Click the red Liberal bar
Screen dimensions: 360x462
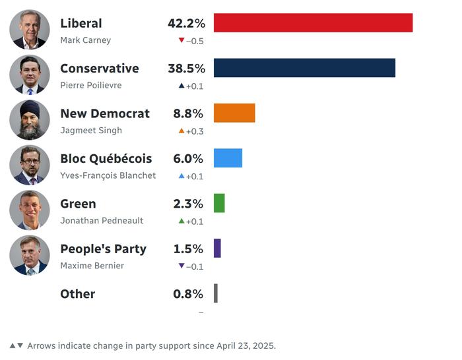point(313,23)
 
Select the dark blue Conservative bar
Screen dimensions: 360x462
point(304,68)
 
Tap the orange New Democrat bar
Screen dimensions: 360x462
point(234,113)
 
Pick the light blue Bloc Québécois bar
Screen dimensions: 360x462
point(228,158)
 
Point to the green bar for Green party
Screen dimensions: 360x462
point(219,203)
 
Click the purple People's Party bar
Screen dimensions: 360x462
point(217,249)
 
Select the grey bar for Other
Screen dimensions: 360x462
point(216,293)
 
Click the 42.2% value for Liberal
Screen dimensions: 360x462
point(186,23)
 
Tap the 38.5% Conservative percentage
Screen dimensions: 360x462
point(186,69)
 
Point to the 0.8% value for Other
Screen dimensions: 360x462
point(189,294)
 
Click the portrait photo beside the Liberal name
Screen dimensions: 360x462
point(30,30)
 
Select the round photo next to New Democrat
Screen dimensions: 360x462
point(30,120)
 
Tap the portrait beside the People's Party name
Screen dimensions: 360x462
point(30,255)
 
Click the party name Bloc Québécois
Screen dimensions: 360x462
point(106,159)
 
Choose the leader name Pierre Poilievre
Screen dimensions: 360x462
point(90,86)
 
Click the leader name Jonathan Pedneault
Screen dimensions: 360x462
point(102,221)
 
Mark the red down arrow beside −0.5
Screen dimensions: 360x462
point(181,40)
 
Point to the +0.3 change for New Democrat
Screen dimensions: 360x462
point(195,131)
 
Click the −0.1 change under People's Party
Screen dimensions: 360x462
point(195,266)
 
